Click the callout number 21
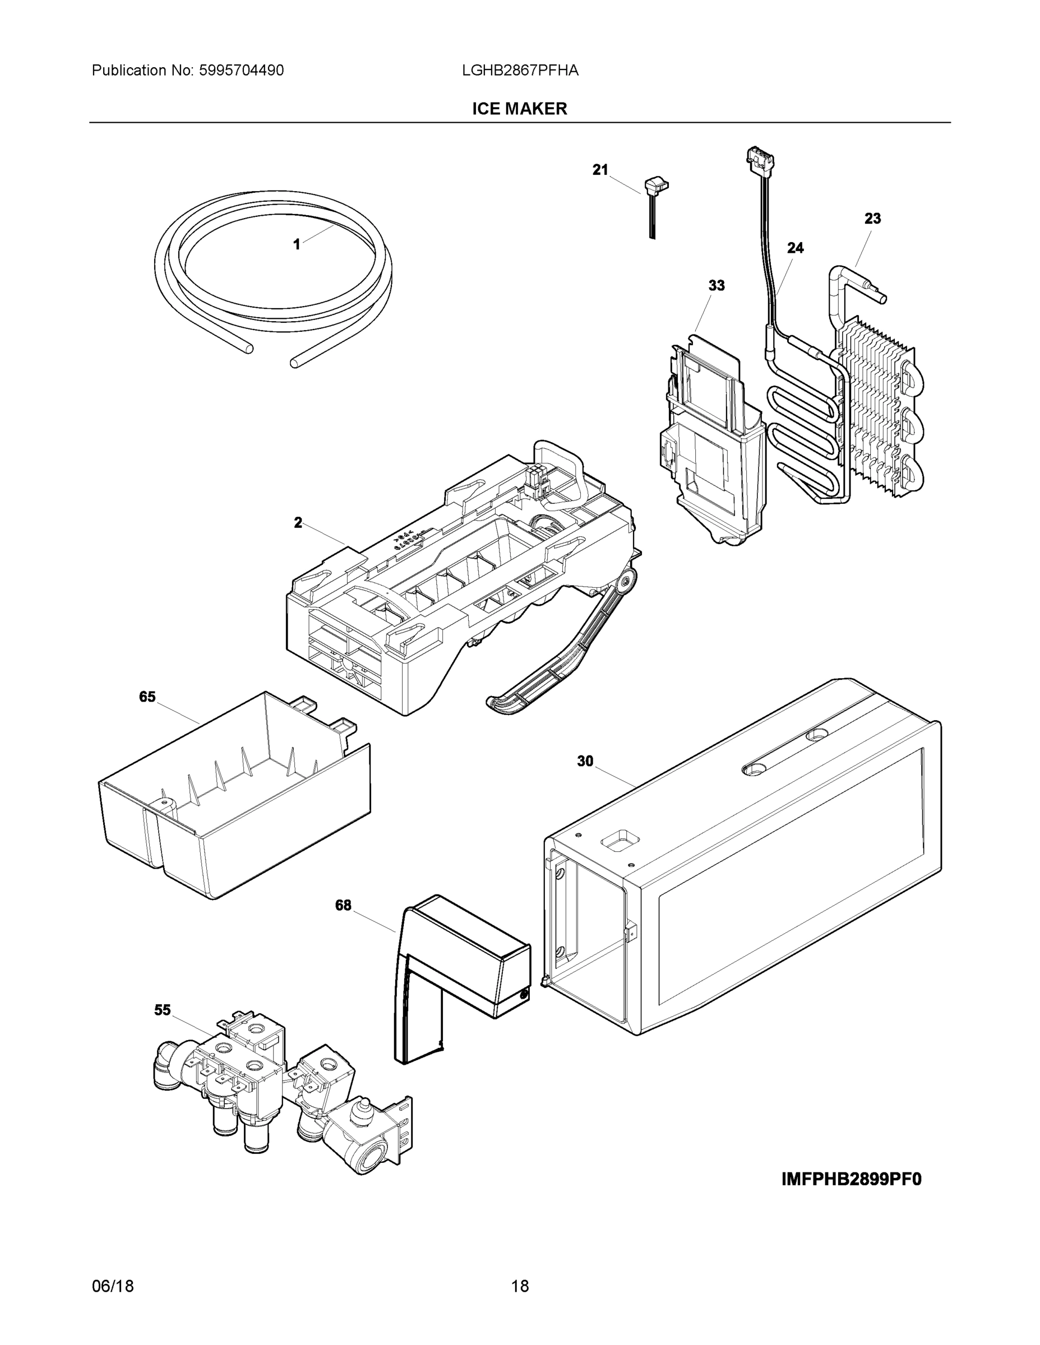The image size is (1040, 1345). pos(600,170)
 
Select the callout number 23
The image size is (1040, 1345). pos(872,219)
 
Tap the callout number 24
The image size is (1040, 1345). pos(796,248)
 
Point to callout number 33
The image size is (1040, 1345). pos(717,286)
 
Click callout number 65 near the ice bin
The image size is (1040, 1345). pos(147,697)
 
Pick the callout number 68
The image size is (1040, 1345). pos(343,905)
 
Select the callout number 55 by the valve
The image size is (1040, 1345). pos(162,1010)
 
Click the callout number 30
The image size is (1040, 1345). pos(585,762)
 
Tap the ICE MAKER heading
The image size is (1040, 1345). pos(519,109)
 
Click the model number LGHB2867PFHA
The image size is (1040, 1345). pos(520,71)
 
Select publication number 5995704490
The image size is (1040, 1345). pos(241,71)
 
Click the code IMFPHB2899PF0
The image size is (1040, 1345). pos(852,1179)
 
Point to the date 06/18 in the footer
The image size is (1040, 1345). pos(113,1287)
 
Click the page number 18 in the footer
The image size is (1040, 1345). pos(520,1287)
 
